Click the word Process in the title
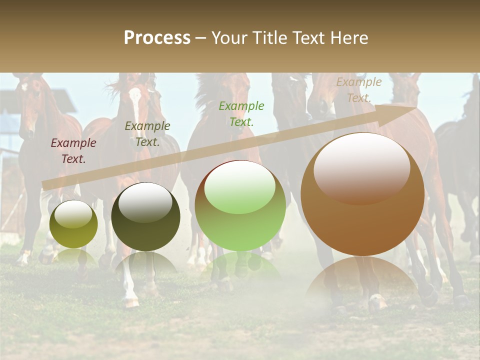157,38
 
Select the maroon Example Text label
73,151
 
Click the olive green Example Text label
147,134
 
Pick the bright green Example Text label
241,114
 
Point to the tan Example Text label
359,90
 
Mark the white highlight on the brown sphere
362,167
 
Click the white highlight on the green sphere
240,186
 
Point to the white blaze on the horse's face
135,100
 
